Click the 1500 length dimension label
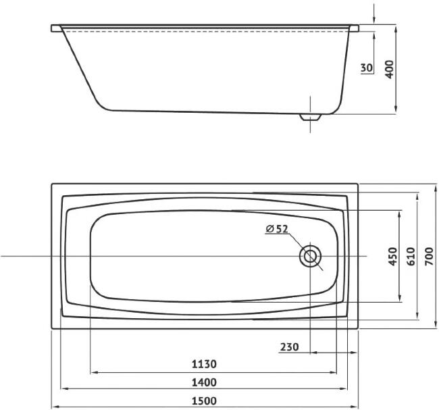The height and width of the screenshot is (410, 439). pyautogui.click(x=204, y=401)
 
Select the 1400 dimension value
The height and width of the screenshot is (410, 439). pyautogui.click(x=204, y=382)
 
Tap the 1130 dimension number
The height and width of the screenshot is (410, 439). pyautogui.click(x=204, y=364)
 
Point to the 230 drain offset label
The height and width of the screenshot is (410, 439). pyautogui.click(x=290, y=347)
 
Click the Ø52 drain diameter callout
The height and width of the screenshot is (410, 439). pyautogui.click(x=277, y=229)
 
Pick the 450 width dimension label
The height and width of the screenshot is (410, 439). pyautogui.click(x=393, y=256)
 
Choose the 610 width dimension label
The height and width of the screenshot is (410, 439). pyautogui.click(x=411, y=256)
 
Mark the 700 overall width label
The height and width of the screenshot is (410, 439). pyautogui.click(x=429, y=256)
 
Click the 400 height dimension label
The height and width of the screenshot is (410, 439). pyautogui.click(x=389, y=69)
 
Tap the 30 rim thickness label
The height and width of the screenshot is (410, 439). pyautogui.click(x=367, y=68)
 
